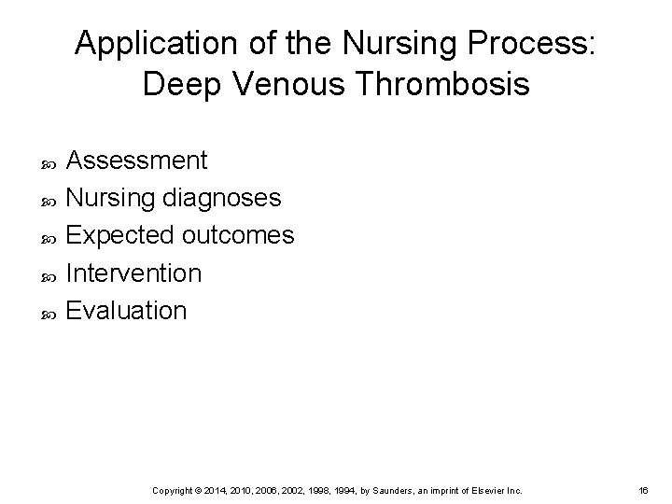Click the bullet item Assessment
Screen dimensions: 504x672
pos(138,161)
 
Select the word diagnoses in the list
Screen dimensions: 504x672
pos(221,198)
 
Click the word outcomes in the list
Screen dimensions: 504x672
pos(239,235)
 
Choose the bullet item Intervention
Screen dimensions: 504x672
pos(134,273)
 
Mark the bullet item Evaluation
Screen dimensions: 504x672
pos(128,310)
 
